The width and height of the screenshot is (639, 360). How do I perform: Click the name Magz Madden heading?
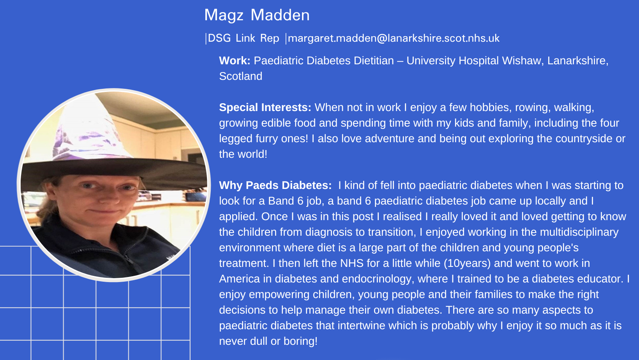[x=257, y=16]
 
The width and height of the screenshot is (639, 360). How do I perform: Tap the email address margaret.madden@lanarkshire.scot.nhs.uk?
[x=394, y=38]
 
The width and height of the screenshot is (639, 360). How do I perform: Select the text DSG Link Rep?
[x=244, y=38]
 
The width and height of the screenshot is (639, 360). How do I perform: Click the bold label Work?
[x=235, y=60]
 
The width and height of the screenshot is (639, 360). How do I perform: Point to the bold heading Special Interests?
[x=265, y=108]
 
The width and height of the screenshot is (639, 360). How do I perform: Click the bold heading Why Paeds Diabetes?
[x=275, y=185]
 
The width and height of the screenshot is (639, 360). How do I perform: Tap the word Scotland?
[x=240, y=76]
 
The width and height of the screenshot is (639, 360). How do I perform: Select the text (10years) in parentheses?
[x=467, y=263]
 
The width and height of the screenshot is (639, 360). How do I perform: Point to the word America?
[x=239, y=279]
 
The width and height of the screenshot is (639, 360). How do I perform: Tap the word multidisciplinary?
[x=579, y=232]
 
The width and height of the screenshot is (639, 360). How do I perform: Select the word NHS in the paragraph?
[x=352, y=263]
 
